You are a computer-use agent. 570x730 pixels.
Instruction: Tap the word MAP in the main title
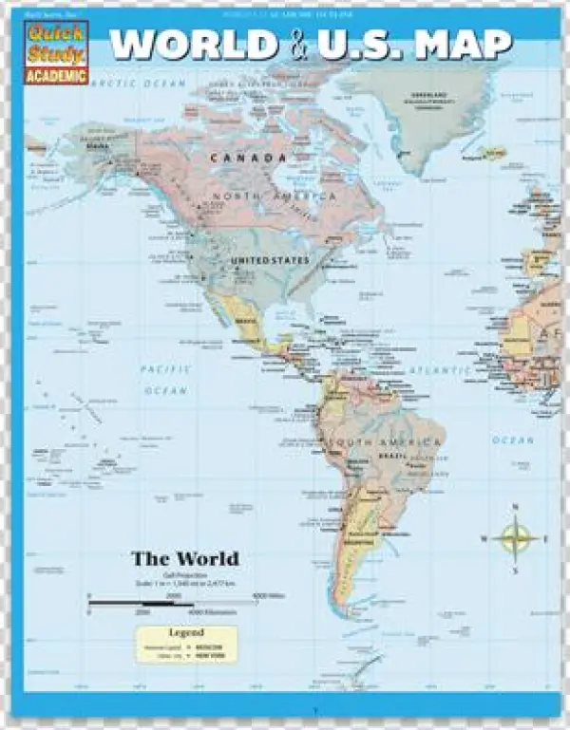tap(467, 45)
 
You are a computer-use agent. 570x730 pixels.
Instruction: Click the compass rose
tap(515, 539)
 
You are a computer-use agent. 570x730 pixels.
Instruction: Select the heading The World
tap(184, 558)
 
